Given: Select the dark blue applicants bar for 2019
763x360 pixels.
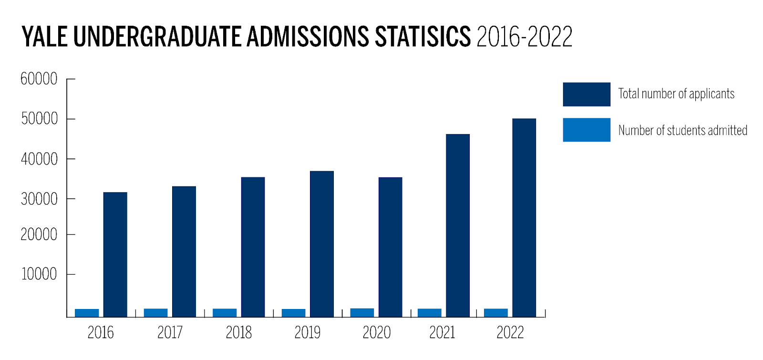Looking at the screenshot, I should pos(322,244).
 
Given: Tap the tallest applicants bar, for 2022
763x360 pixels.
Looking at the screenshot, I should pos(524,217).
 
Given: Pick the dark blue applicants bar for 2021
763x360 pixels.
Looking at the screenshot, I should pos(458,225).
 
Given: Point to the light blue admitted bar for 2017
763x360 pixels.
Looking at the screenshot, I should pos(155,313).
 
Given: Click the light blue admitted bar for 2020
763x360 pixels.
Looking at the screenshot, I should pos(362,313).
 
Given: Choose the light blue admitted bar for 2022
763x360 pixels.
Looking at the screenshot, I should pos(496,313).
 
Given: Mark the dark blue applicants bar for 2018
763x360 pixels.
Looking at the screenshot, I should pos(253,247).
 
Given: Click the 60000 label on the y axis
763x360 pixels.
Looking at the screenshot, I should pos(39,79).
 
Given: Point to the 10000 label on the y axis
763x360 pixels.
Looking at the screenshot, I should pos(39,274).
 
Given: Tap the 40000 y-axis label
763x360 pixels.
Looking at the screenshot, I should pos(39,159).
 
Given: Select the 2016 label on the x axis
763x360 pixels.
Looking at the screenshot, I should pos(101,332).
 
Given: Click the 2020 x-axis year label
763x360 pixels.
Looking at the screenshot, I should pos(377,332).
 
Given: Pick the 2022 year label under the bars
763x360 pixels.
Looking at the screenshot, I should pos(510,332).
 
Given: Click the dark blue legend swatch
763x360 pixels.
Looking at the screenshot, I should pos(587,94).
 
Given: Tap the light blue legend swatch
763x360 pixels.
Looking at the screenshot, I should pos(587,130).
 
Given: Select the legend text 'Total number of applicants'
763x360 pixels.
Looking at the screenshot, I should pos(676,94).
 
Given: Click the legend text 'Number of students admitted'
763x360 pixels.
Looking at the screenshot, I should pos(683,130).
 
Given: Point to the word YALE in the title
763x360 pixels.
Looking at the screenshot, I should pos(45,37).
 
